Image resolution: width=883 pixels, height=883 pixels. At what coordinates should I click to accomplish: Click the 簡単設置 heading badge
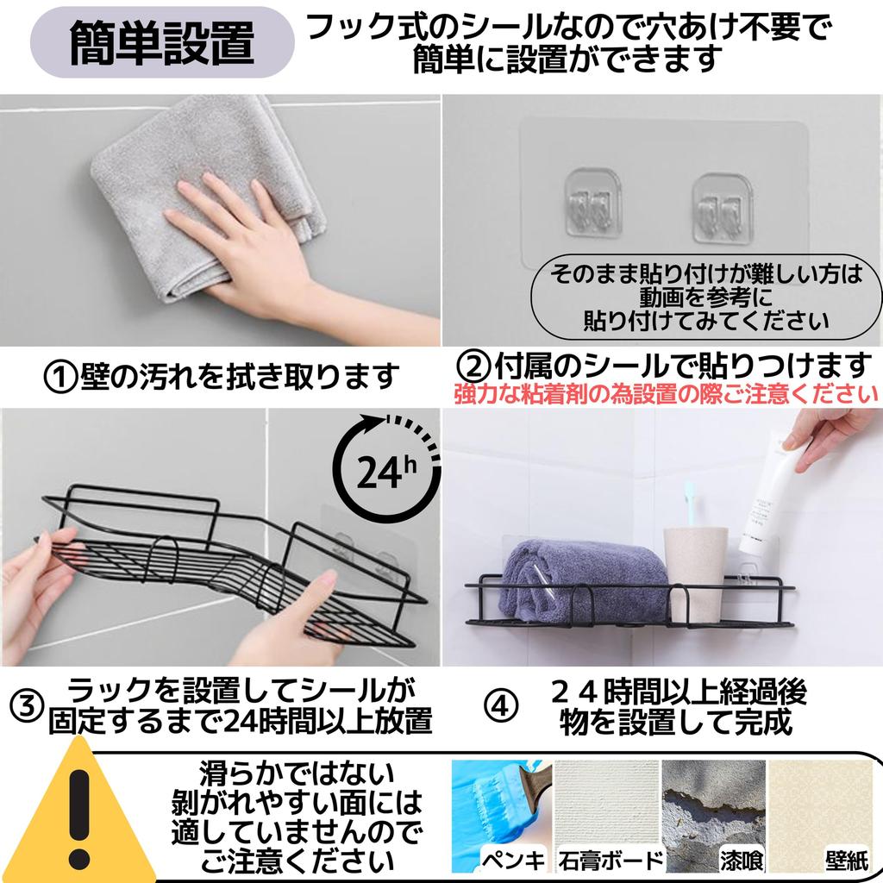click(x=162, y=42)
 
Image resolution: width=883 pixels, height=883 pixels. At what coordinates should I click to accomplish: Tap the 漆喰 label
click(x=742, y=861)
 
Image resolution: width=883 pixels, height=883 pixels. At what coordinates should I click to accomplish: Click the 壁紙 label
click(x=847, y=861)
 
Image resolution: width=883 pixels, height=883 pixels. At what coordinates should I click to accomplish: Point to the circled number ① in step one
click(x=60, y=378)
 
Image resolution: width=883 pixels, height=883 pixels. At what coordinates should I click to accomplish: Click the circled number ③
click(x=27, y=706)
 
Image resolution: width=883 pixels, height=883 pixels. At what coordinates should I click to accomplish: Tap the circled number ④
click(x=501, y=706)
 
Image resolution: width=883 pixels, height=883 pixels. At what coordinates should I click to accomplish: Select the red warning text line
click(x=666, y=393)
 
